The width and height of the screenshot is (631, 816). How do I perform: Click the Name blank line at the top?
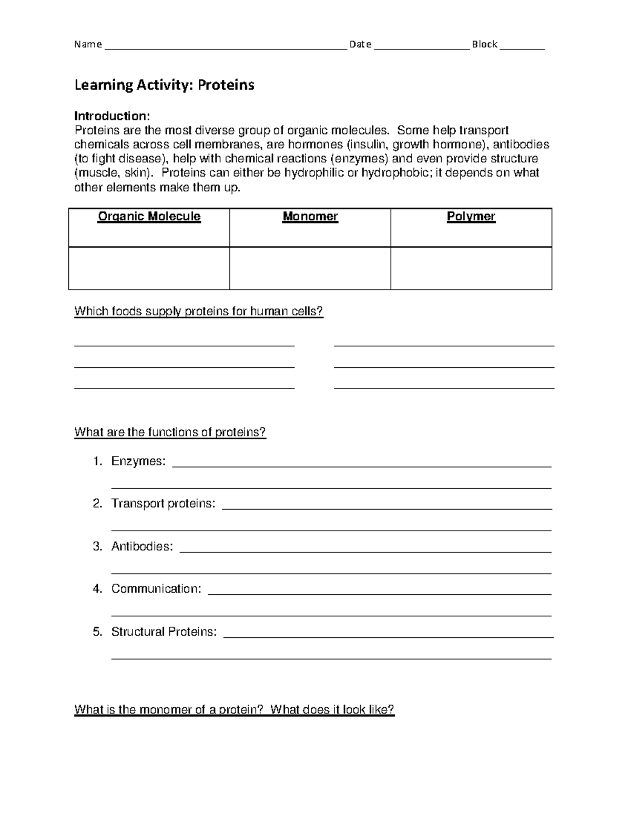[x=226, y=46]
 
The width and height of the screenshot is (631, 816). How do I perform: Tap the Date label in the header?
[x=360, y=45]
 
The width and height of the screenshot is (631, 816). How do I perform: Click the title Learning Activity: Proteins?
[x=164, y=85]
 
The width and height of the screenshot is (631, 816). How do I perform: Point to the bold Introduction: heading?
[x=112, y=116]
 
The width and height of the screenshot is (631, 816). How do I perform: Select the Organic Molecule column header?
[x=149, y=216]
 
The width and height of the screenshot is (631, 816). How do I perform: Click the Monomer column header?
[x=310, y=216]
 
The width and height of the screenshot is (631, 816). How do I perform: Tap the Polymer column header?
[x=471, y=216]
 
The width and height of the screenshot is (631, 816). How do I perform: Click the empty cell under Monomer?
[x=310, y=268]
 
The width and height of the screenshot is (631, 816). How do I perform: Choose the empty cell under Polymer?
[x=471, y=268]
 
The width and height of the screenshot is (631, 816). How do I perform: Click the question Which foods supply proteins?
[x=199, y=312]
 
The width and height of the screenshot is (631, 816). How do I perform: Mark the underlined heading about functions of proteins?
[x=170, y=432]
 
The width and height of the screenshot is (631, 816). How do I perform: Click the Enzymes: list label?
[x=138, y=461]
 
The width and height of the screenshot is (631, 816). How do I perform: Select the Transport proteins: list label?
[x=163, y=504]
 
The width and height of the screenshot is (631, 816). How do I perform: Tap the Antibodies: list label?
[x=141, y=546]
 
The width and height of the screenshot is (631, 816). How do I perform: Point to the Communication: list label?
[x=156, y=589]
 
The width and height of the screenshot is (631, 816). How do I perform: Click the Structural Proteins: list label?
[x=164, y=632]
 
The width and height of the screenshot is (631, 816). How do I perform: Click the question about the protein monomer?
[x=234, y=710]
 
